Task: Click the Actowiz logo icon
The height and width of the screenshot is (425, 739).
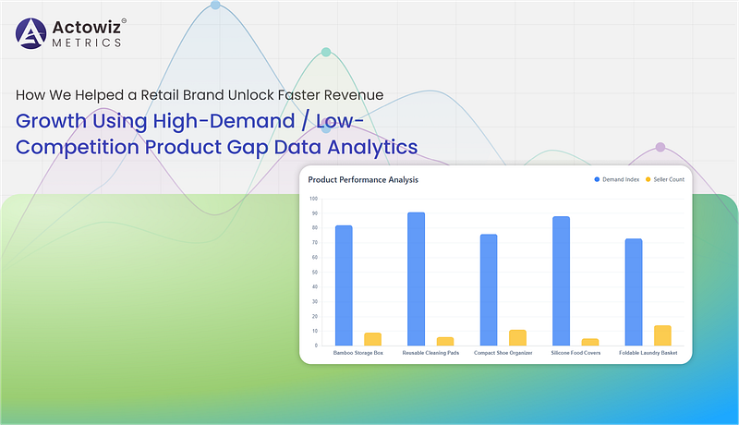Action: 31,33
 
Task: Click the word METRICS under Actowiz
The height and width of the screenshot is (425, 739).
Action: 87,42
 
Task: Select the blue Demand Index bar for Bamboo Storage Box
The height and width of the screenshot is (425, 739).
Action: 344,285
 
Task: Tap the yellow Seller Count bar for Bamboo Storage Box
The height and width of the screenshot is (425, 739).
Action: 373,339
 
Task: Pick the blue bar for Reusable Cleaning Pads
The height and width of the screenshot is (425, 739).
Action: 417,279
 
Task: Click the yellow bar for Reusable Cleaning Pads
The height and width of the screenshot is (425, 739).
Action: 445,342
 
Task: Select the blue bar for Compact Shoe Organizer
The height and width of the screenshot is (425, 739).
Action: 489,290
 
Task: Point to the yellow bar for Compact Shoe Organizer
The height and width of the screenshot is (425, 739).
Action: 517,338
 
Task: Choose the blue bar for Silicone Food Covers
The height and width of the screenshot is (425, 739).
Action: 561,281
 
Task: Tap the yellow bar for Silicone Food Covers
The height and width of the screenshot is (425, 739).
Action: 590,342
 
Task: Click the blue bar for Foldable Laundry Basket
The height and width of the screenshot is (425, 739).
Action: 634,292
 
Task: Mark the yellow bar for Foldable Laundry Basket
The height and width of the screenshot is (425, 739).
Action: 662,335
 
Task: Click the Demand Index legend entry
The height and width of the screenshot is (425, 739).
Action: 617,179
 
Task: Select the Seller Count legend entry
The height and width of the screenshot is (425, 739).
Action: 665,179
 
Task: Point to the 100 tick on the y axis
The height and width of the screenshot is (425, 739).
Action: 314,199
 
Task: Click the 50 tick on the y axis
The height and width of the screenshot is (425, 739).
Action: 315,273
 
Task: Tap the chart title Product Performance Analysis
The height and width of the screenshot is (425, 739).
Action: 363,180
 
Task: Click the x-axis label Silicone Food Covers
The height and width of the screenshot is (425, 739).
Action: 575,353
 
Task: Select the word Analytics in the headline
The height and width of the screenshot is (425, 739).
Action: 372,147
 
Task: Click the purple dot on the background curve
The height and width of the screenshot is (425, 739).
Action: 660,147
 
